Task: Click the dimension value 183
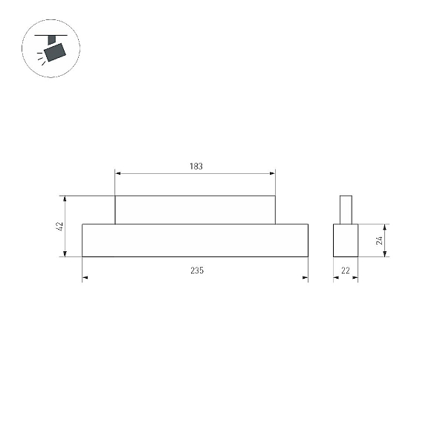tap(196, 166)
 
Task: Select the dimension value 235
tap(197, 271)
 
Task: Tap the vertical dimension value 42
tap(60, 227)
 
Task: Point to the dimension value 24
tap(379, 240)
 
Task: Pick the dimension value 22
tap(346, 271)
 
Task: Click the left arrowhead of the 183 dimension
tap(117, 173)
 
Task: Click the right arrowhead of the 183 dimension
tap(273, 173)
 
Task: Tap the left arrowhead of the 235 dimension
tap(85, 277)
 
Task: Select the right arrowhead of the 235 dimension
tap(306, 277)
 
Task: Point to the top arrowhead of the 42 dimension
tap(65, 198)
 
